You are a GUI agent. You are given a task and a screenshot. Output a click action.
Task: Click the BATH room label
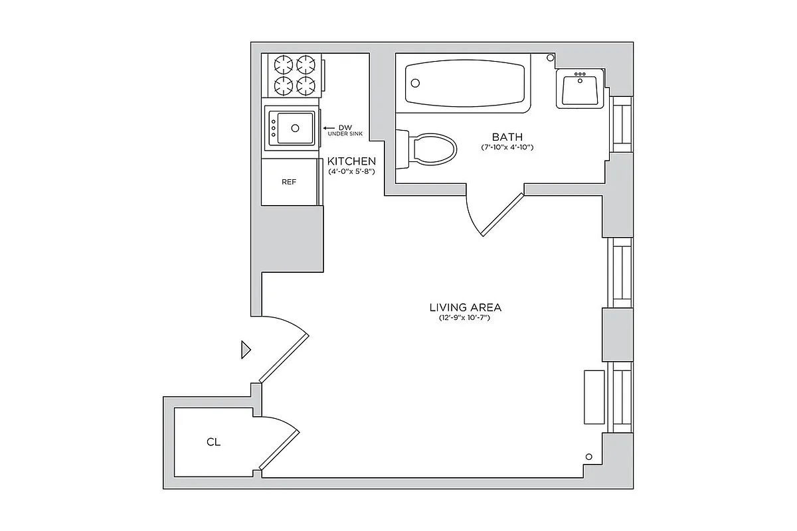[507, 137]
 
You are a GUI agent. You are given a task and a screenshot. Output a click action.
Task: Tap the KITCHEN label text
[351, 161]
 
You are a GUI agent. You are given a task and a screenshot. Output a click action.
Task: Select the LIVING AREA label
[466, 307]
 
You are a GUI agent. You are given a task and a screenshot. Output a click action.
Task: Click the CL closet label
[213, 442]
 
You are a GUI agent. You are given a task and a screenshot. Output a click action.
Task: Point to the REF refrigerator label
[289, 182]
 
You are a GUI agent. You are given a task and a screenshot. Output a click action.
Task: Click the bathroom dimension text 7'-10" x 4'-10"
[507, 147]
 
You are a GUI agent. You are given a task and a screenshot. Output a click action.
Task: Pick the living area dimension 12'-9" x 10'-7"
[464, 317]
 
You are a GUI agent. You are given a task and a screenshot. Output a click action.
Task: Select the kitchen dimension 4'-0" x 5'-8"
[351, 171]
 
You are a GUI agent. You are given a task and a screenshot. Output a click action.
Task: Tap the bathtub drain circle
[415, 83]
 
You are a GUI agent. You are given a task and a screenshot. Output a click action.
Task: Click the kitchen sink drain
[295, 128]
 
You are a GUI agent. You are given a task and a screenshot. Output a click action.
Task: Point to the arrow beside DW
[329, 128]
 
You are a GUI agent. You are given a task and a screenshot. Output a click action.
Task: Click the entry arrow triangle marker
[246, 350]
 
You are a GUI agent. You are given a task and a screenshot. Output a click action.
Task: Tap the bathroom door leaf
[502, 215]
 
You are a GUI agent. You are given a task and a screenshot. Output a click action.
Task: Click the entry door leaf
[284, 358]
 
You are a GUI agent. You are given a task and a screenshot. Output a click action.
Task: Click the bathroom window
[622, 125]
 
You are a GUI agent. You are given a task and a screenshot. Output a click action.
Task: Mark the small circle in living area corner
[589, 457]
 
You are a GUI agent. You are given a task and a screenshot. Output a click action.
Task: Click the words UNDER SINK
[345, 134]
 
